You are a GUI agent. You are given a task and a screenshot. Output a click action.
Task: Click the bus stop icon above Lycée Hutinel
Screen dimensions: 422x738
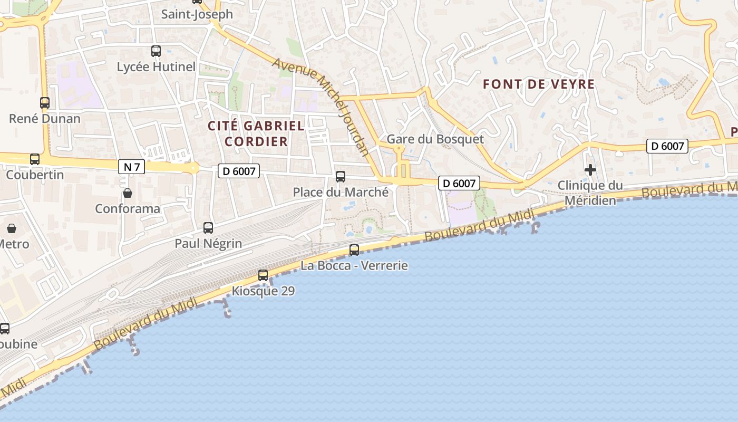click(156, 51)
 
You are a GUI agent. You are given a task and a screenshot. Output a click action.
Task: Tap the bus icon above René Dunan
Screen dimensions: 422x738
click(45, 103)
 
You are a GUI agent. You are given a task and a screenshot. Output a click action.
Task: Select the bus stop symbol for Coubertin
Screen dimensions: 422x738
click(35, 159)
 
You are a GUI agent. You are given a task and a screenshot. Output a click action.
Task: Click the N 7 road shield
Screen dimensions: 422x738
click(131, 167)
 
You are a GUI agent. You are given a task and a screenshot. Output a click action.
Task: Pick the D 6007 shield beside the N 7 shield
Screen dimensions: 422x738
click(239, 171)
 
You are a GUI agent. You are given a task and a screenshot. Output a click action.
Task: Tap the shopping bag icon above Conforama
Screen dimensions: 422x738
click(128, 193)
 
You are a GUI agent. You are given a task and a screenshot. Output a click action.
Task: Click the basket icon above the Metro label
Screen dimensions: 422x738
click(12, 229)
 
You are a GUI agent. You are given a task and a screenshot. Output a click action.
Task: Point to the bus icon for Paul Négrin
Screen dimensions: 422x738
click(208, 228)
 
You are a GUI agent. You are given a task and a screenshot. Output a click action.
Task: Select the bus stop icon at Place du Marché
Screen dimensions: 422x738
click(341, 177)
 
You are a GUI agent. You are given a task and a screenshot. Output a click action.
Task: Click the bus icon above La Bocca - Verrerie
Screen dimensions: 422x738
click(354, 250)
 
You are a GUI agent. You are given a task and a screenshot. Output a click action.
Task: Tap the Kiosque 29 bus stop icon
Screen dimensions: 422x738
click(263, 275)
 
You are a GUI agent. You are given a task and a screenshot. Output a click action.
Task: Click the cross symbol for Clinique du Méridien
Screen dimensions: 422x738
click(590, 170)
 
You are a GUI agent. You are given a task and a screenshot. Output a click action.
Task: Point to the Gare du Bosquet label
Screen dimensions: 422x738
click(435, 139)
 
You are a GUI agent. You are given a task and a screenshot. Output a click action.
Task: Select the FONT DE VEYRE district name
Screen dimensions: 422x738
click(539, 84)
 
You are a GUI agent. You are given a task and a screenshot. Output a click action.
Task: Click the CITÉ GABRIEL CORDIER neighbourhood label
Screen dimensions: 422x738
click(256, 133)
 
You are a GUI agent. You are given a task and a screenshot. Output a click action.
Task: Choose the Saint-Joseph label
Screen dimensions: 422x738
click(197, 14)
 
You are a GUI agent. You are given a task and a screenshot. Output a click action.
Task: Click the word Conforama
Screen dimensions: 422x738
click(128, 209)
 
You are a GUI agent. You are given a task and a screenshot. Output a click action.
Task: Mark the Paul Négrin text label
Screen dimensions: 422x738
click(208, 244)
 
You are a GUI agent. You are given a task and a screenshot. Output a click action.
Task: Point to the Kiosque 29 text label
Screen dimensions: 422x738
click(263, 291)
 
